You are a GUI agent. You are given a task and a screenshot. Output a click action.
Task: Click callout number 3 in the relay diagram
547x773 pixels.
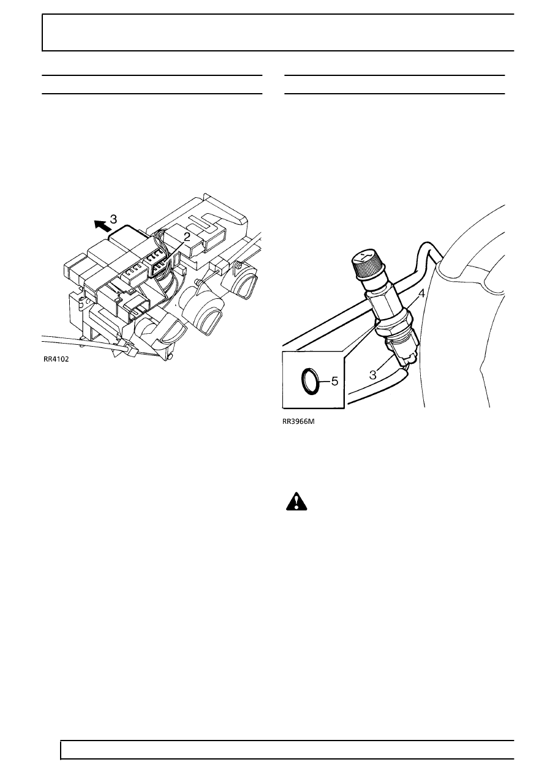pyautogui.click(x=113, y=219)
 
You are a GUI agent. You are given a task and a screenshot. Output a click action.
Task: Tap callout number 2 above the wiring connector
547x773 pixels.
pyautogui.click(x=187, y=236)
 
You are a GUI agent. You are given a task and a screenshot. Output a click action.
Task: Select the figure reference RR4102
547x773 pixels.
pyautogui.click(x=56, y=359)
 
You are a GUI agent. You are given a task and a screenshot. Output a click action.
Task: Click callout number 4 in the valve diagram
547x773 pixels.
pyautogui.click(x=421, y=293)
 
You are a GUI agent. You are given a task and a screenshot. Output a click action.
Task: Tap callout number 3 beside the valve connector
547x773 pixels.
pyautogui.click(x=372, y=375)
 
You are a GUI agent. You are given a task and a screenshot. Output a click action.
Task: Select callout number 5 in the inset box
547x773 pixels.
pyautogui.click(x=335, y=382)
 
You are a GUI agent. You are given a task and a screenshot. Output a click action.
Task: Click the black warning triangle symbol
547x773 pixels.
pyautogui.click(x=296, y=502)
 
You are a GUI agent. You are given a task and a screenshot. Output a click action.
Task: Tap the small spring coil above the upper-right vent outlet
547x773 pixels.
pyautogui.click(x=198, y=282)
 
